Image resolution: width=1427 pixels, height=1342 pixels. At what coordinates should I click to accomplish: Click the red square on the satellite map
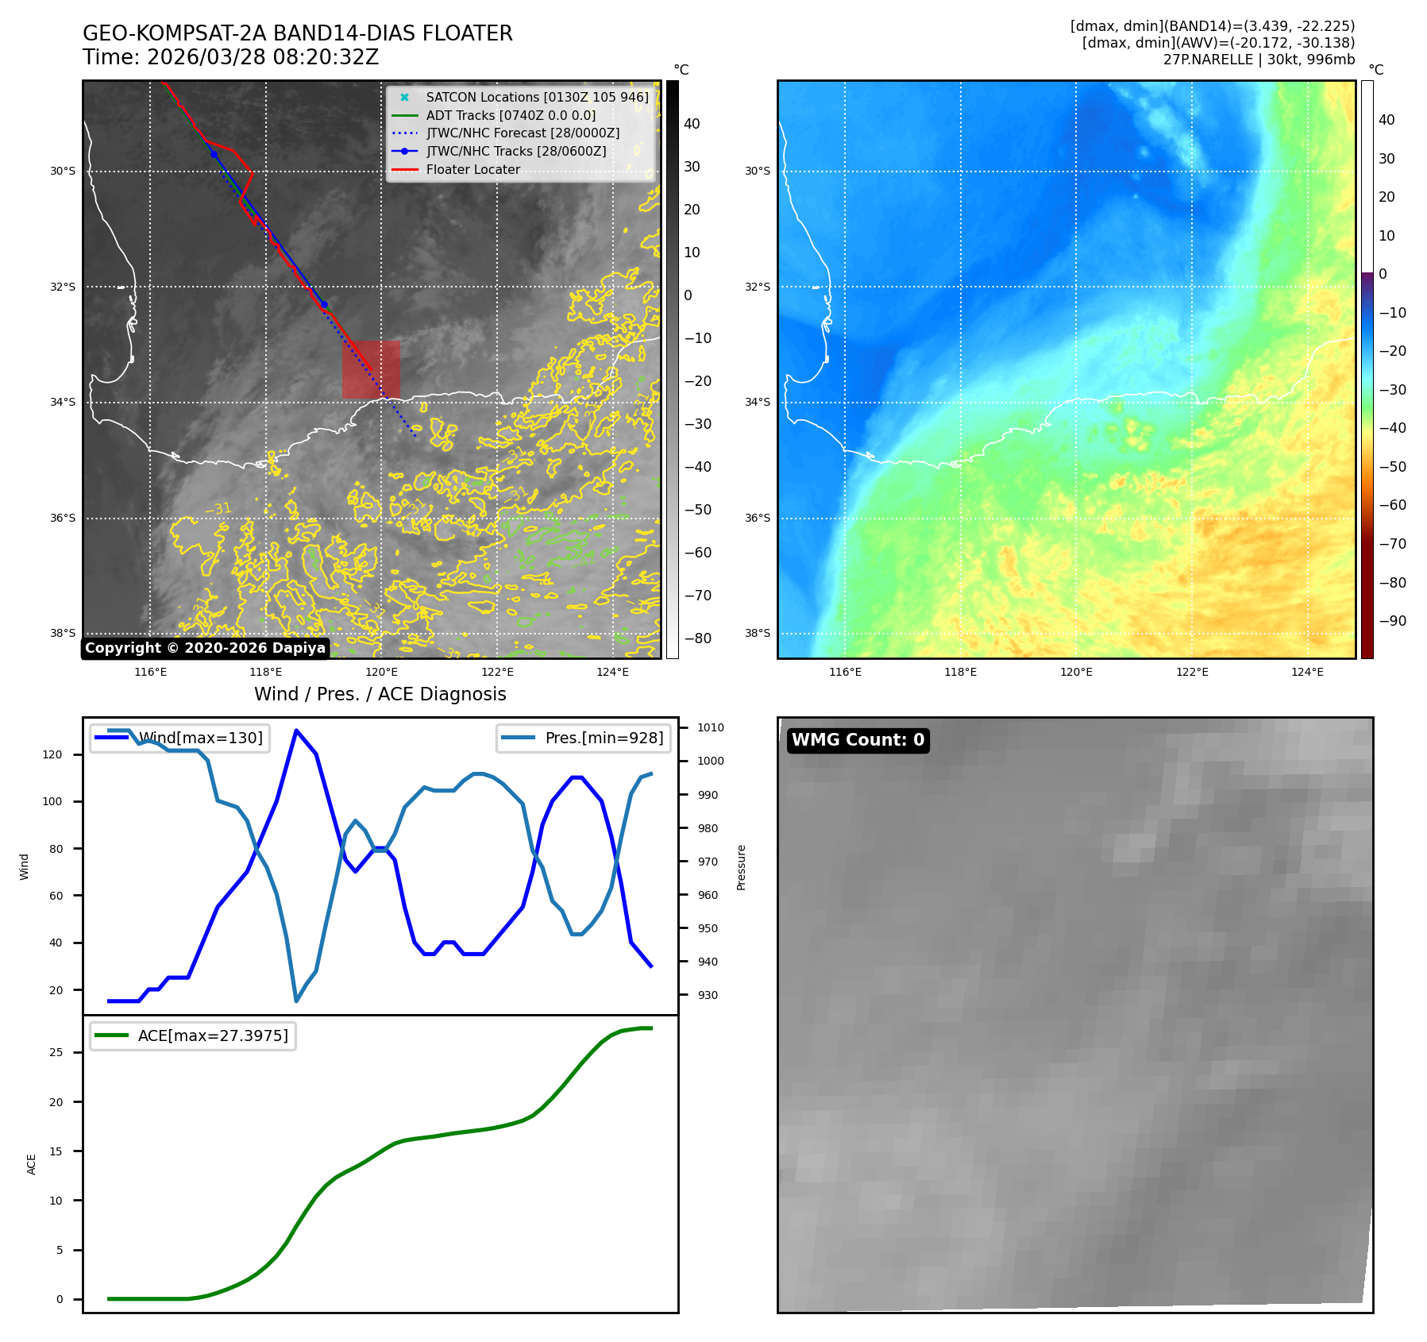pos(371,369)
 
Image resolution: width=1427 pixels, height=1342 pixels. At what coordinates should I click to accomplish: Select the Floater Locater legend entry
pos(472,170)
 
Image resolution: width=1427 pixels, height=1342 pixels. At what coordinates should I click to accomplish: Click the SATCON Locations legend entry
pos(537,97)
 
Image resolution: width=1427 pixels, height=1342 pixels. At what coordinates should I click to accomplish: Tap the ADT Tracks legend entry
pos(511,115)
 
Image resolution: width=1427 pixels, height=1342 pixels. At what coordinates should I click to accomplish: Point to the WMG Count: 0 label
pos(858,740)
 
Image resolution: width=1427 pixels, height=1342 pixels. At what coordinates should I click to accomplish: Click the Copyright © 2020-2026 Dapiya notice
pos(205,648)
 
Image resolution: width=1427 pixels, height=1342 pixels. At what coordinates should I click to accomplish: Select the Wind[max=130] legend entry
pos(200,738)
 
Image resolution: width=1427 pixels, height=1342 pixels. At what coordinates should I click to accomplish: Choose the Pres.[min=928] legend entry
pos(604,738)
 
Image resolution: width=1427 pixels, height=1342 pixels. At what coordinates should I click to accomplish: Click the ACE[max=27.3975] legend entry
pos(213,1035)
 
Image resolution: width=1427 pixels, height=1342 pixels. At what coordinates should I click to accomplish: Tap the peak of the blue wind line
pos(296,731)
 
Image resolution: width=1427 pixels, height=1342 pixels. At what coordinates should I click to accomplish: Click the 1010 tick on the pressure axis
pos(711,727)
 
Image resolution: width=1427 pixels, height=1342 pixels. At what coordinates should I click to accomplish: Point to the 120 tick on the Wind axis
pos(52,754)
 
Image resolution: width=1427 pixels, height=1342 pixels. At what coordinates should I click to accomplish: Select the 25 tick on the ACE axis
pos(56,1052)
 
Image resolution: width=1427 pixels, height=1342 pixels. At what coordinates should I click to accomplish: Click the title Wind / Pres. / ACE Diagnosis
pos(380,694)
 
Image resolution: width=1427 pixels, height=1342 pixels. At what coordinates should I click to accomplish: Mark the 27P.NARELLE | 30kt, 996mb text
pos(1259,60)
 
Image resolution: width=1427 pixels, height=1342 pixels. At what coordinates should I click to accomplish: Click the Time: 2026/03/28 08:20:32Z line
pos(230,57)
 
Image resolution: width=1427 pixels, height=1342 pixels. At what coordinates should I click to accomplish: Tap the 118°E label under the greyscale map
pos(266,672)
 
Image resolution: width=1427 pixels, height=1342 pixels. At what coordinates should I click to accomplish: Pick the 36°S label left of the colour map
pos(757,518)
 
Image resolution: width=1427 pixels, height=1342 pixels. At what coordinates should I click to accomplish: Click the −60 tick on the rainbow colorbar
pos(1392,505)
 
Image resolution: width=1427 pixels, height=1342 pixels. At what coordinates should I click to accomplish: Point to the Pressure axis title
pos(741,867)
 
